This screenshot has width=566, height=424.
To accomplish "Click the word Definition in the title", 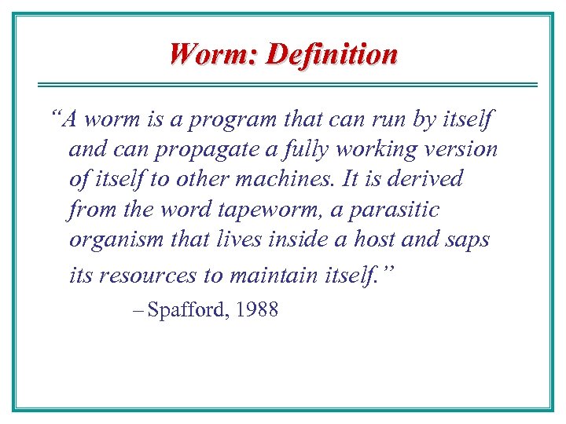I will coord(332,54).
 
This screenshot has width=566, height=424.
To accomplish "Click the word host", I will coord(389,239).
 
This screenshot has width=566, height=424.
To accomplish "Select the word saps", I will coord(469,239).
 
